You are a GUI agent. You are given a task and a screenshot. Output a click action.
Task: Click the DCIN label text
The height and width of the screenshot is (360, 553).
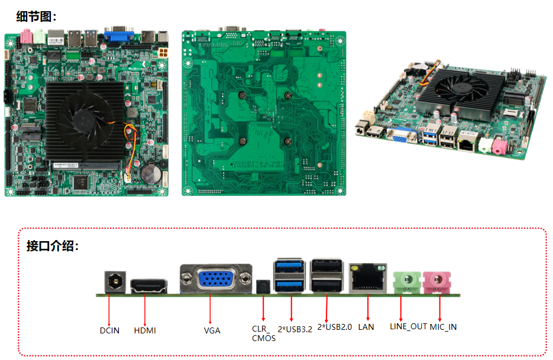[109, 330]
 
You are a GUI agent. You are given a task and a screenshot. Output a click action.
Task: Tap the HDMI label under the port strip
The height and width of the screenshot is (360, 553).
[145, 330]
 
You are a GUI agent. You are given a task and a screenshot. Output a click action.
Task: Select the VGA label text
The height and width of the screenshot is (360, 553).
[212, 330]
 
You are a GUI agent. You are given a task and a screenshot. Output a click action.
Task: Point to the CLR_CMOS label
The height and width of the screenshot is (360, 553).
[263, 333]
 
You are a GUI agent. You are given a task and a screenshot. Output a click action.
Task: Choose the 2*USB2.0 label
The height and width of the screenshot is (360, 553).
[335, 326]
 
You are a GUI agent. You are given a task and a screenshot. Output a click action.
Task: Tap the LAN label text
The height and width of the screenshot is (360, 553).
[366, 327]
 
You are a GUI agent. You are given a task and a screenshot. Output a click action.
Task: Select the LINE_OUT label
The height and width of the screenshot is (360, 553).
[408, 326]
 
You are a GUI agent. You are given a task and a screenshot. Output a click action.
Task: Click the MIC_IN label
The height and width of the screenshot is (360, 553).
[443, 326]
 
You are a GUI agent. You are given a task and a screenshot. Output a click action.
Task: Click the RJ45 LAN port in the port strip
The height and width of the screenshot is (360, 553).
[367, 278]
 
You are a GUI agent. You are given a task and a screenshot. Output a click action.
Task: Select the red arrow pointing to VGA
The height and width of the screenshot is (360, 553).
[211, 307]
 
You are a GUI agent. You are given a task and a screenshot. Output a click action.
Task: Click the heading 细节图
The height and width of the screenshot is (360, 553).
[36, 17]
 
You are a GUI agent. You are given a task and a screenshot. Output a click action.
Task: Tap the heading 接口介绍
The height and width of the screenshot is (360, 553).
[52, 246]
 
